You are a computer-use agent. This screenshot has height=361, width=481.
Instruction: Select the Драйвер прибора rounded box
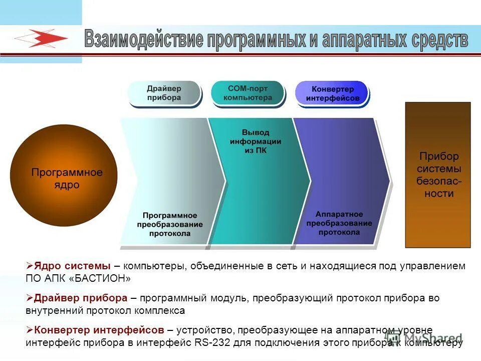click(x=164, y=93)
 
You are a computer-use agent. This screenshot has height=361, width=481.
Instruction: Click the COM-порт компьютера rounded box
click(x=248, y=93)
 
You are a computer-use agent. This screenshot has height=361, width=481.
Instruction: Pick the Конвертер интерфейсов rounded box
click(x=332, y=94)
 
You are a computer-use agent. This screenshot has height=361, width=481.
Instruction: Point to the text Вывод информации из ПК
click(x=256, y=141)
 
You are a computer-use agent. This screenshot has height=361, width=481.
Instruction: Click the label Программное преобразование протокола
click(x=170, y=224)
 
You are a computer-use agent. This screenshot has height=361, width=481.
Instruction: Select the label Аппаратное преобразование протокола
click(x=339, y=223)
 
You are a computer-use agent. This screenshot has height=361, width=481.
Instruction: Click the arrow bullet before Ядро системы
click(x=29, y=266)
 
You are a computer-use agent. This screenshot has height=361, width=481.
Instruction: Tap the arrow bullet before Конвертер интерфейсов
click(x=29, y=330)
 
